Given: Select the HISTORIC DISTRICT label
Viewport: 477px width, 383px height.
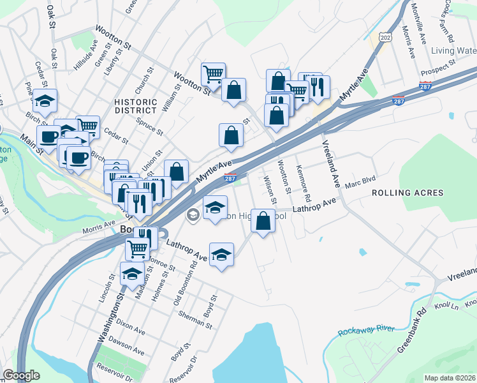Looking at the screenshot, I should tap(135, 107).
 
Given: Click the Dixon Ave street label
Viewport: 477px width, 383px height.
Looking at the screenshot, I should tap(131, 327).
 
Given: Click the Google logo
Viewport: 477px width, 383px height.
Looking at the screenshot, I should tap(21, 375).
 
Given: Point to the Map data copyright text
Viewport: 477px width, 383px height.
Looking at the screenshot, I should tap(450, 378).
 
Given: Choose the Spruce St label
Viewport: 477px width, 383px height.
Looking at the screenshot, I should tap(150, 126).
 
